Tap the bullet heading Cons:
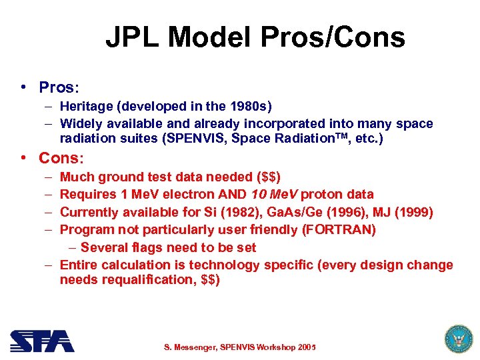click(x=61, y=158)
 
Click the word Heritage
click(x=83, y=106)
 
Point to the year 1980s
click(x=249, y=106)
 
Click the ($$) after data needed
click(x=268, y=177)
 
